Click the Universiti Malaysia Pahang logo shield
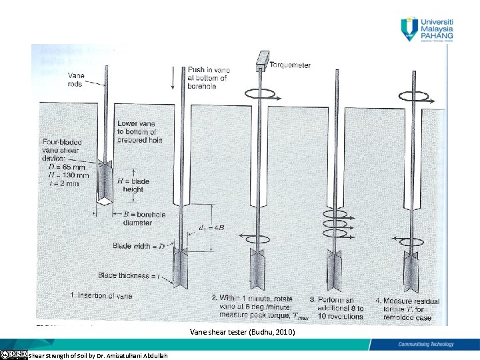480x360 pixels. (x=408, y=29)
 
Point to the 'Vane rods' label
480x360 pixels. (x=75, y=79)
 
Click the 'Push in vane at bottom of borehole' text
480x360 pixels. (x=209, y=78)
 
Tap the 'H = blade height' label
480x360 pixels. (x=133, y=185)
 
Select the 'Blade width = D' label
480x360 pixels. (x=139, y=246)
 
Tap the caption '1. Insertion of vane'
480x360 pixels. (x=101, y=295)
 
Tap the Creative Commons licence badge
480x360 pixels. (x=13, y=354)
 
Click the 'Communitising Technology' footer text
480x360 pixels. (x=426, y=344)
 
